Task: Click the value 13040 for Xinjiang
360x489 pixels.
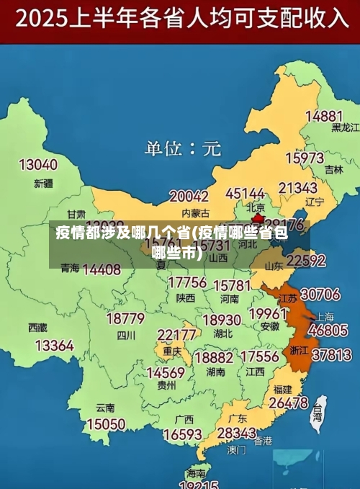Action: click(x=37, y=165)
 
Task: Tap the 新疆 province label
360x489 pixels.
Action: click(x=43, y=184)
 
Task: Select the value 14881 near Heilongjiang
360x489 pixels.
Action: click(x=323, y=115)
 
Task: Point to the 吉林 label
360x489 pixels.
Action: click(x=333, y=170)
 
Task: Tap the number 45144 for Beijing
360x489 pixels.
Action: click(x=245, y=194)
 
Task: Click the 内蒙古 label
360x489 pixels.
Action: click(x=195, y=212)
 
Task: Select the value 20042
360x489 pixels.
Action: click(x=189, y=196)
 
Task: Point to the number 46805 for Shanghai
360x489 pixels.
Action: click(x=328, y=331)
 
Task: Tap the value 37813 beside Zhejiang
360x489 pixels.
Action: click(x=330, y=354)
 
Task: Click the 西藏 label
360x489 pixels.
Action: click(x=37, y=327)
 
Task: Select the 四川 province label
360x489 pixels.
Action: click(x=126, y=335)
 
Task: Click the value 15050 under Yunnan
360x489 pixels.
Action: click(x=105, y=424)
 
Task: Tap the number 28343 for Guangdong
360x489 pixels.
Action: click(x=236, y=433)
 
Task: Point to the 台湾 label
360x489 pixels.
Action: click(x=318, y=413)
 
